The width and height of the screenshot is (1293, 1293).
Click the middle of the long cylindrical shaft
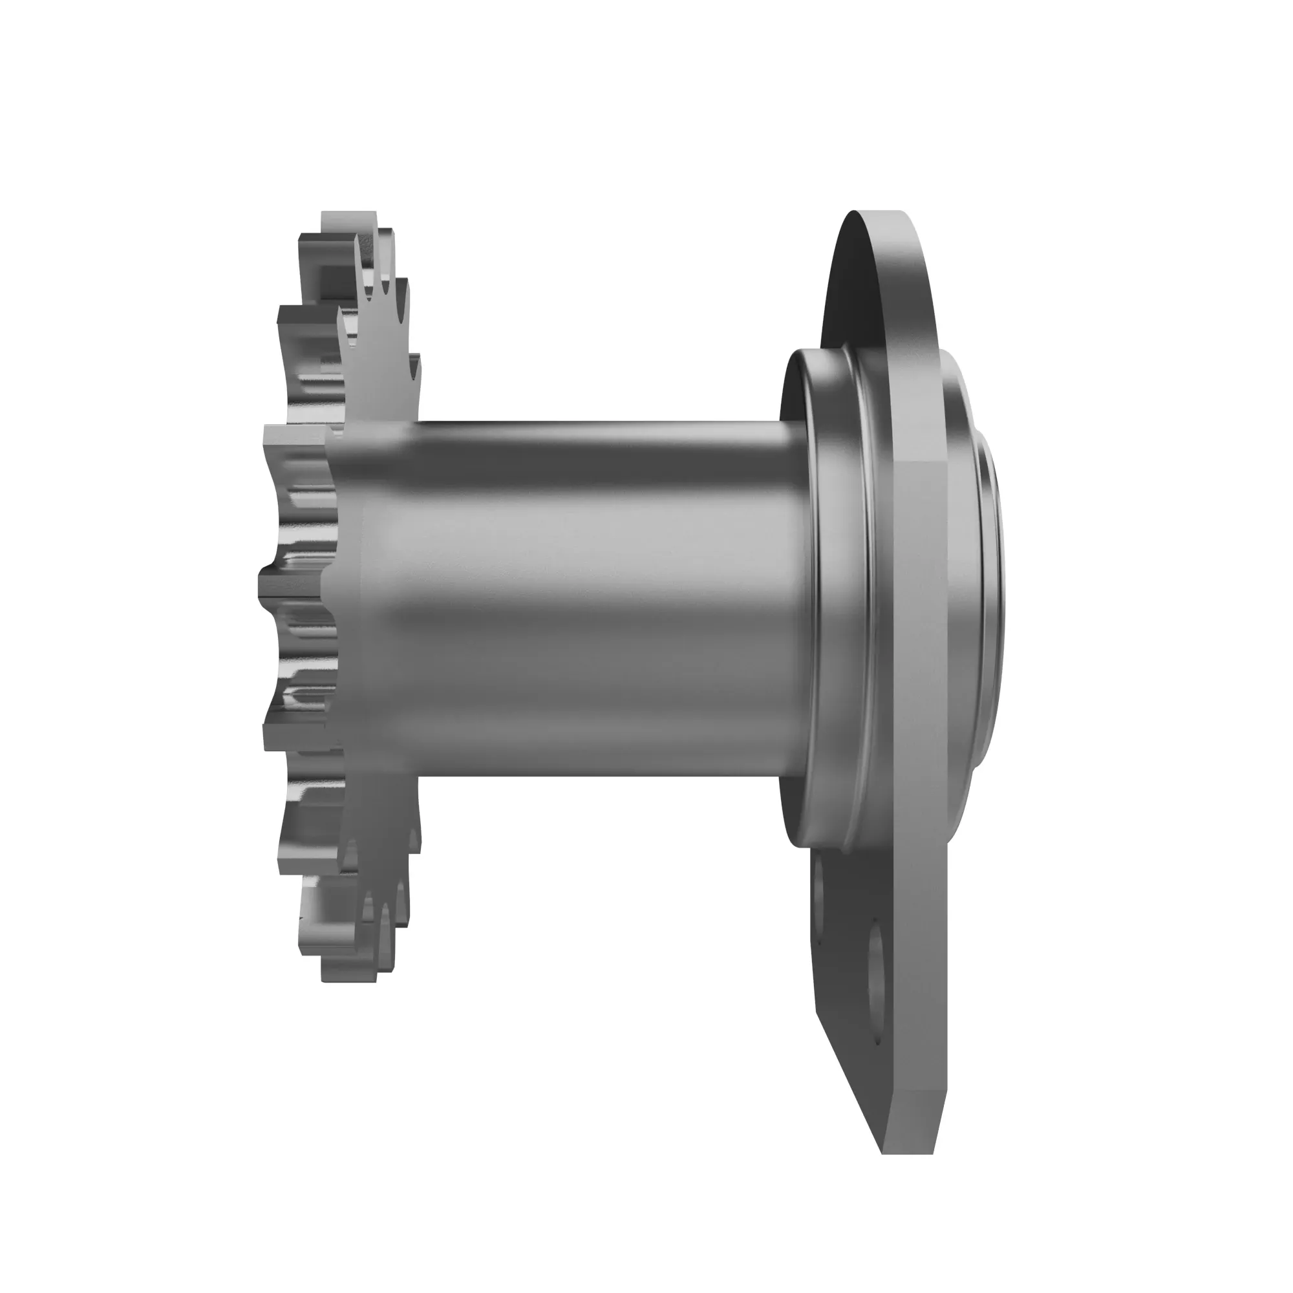(589, 595)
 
